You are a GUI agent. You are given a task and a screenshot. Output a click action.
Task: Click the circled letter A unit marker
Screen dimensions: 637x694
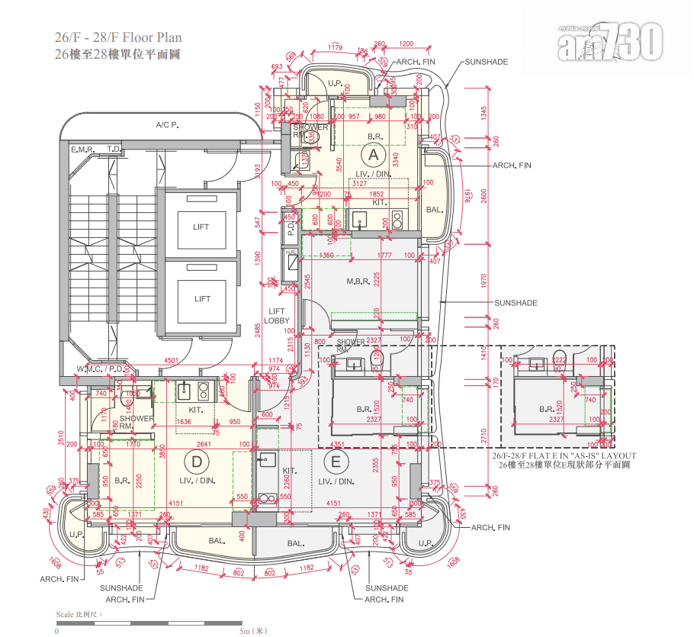pyautogui.click(x=373, y=155)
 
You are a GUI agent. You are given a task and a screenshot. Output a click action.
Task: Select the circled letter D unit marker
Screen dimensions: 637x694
pyautogui.click(x=197, y=461)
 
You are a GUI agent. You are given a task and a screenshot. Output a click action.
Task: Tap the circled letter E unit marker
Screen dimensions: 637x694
pyautogui.click(x=335, y=461)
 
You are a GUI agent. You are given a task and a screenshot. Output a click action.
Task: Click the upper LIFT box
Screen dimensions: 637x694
pyautogui.click(x=201, y=227)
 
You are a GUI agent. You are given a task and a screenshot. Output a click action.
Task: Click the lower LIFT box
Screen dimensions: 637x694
pyautogui.click(x=201, y=298)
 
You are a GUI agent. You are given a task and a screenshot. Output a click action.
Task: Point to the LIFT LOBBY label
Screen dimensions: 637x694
pyautogui.click(x=276, y=316)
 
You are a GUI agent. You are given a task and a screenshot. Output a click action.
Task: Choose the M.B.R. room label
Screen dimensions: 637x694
pyautogui.click(x=358, y=282)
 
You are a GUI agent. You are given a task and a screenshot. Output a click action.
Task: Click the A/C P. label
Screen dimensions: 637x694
pyautogui.click(x=166, y=125)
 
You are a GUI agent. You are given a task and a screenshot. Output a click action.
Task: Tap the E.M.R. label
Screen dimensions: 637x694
pyautogui.click(x=82, y=150)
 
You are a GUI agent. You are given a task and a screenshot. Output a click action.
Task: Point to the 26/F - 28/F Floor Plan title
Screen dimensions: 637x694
pyautogui.click(x=117, y=37)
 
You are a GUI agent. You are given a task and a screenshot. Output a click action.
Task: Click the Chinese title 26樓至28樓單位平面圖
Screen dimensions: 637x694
pyautogui.click(x=117, y=54)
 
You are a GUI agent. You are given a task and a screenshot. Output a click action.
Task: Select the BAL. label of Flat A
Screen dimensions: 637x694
pyautogui.click(x=434, y=210)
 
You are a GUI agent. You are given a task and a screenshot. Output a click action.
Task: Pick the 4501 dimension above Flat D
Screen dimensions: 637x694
pyautogui.click(x=171, y=362)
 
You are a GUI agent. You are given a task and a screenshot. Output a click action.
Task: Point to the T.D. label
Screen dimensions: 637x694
pyautogui.click(x=114, y=150)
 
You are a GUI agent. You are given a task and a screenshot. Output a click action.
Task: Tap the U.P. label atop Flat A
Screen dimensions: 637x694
pyautogui.click(x=334, y=83)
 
